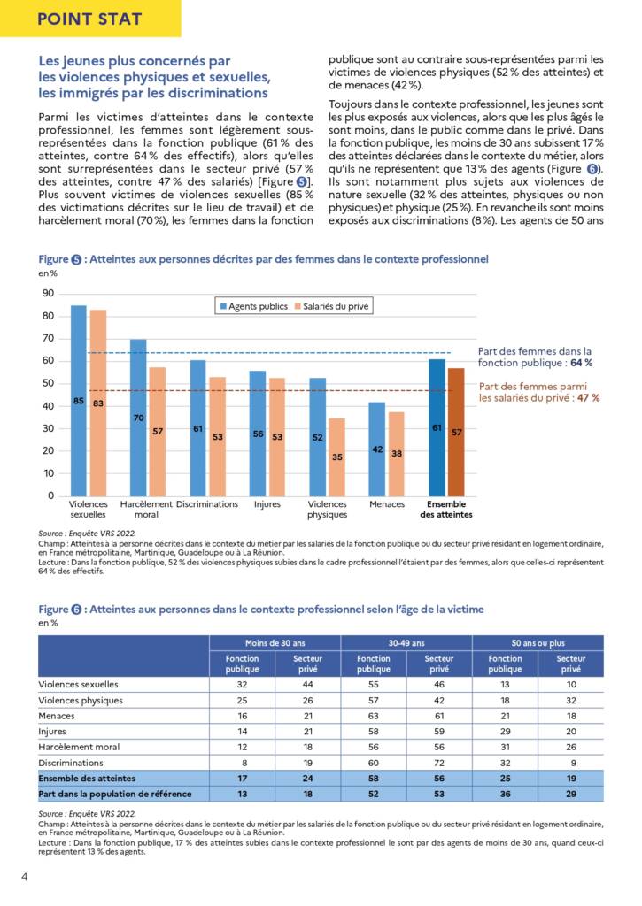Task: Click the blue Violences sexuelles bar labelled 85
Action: click(79, 401)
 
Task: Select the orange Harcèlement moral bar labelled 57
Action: click(158, 432)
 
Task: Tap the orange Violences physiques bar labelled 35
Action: click(337, 457)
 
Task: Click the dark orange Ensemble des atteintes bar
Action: click(456, 432)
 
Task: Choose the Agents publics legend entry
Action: click(254, 306)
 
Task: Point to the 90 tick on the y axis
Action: click(48, 294)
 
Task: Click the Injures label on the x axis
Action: click(267, 504)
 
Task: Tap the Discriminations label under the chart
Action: click(207, 504)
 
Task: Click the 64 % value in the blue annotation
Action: click(581, 363)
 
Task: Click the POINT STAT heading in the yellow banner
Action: click(89, 19)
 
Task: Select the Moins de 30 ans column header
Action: click(275, 643)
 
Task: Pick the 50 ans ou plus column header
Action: click(538, 643)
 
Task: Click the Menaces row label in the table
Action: click(57, 716)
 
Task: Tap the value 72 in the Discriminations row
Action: click(439, 763)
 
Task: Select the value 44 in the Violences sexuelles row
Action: click(307, 685)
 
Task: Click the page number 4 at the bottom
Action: click(24, 877)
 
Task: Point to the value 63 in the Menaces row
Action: click(374, 716)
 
